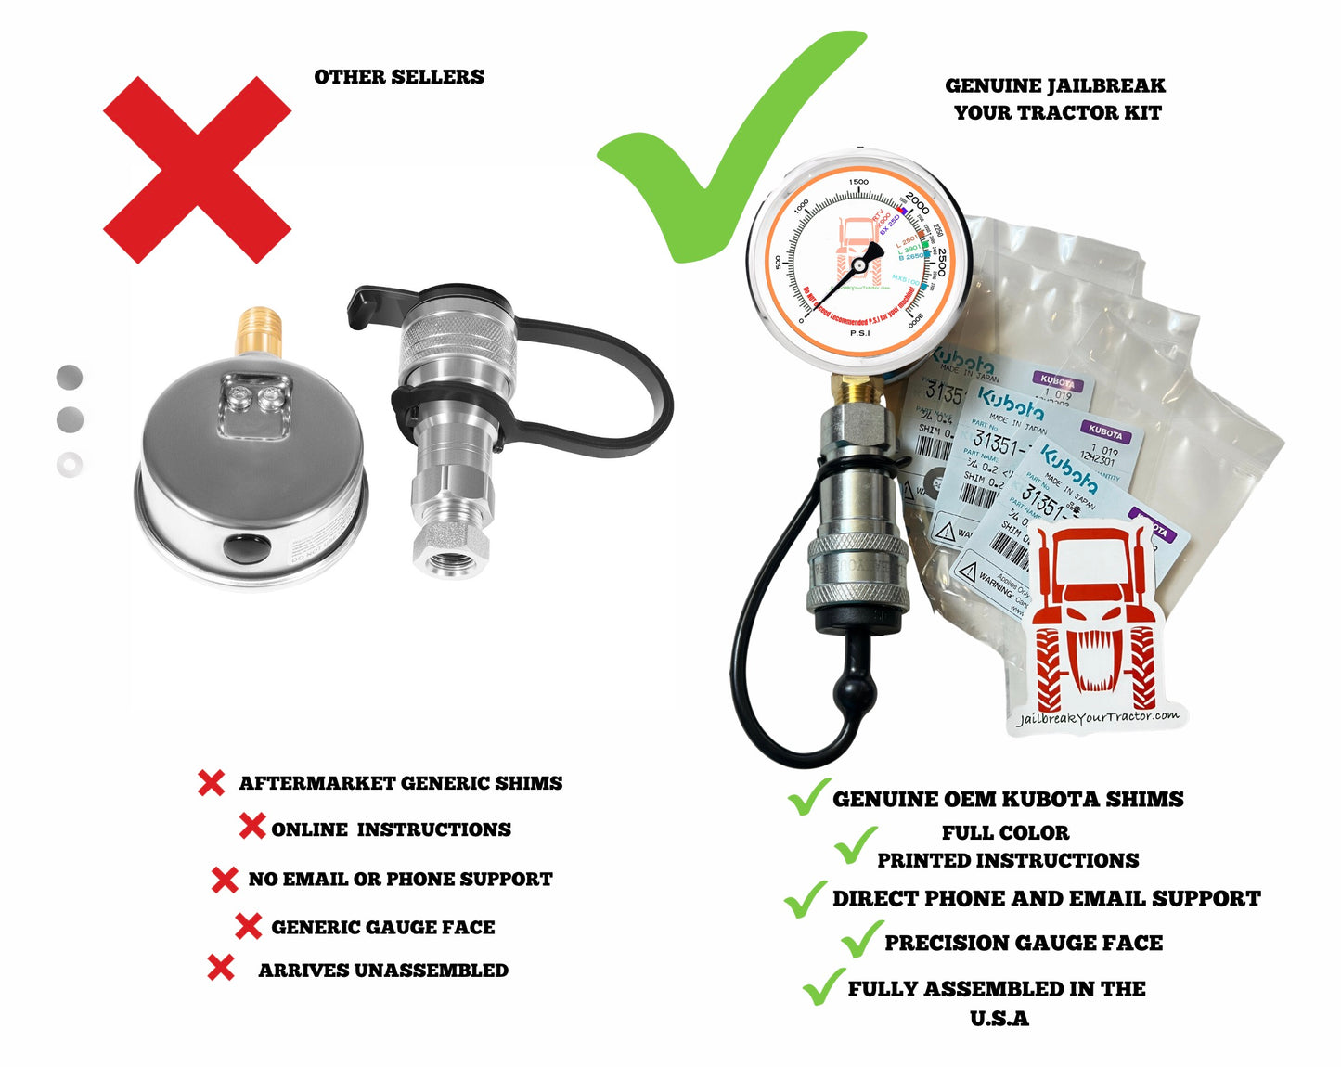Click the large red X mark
click(197, 170)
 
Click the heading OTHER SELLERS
click(399, 77)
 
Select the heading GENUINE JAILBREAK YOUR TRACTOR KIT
click(1056, 99)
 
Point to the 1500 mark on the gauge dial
click(858, 183)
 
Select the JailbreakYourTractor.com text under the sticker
click(1098, 717)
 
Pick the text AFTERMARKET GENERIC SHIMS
click(401, 783)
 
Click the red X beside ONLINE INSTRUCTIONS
click(251, 826)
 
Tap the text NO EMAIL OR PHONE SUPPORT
click(400, 879)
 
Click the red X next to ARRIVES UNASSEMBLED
click(221, 968)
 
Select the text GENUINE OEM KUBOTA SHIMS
click(1008, 800)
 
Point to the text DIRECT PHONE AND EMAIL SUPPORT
click(1046, 899)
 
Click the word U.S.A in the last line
click(999, 1019)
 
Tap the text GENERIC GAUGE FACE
click(382, 927)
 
